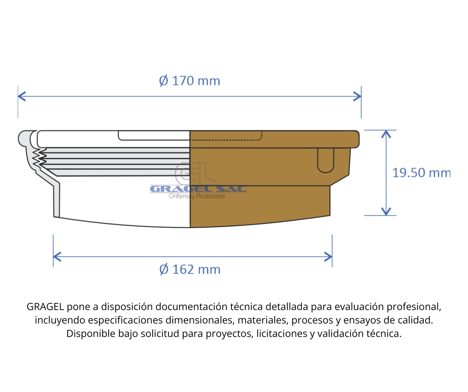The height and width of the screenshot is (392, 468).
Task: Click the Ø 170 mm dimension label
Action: pos(189,81)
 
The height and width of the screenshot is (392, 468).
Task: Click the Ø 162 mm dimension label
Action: pos(190,269)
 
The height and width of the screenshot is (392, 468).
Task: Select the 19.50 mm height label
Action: pos(421,173)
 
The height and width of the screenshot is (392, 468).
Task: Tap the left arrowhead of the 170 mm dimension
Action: pos(21,96)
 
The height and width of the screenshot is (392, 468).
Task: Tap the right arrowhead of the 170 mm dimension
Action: pos(357,96)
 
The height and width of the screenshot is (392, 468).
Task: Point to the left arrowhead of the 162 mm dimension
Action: pos(57,257)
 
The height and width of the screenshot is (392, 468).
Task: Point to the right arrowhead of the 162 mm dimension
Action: pos(329,257)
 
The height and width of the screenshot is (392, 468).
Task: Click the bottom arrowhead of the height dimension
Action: pos(386,211)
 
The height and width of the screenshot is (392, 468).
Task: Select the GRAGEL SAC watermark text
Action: pos(199,189)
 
